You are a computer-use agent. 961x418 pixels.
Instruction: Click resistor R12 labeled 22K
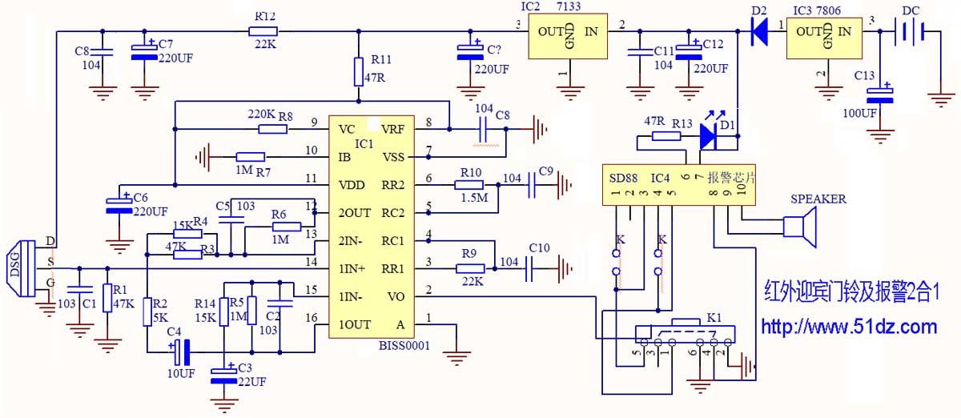[263, 31]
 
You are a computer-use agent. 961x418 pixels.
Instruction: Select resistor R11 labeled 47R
[360, 72]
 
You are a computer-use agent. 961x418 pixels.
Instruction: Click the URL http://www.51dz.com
[848, 326]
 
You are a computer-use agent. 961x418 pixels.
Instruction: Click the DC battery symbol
[912, 31]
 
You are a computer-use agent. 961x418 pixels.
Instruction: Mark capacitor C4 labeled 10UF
[181, 351]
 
